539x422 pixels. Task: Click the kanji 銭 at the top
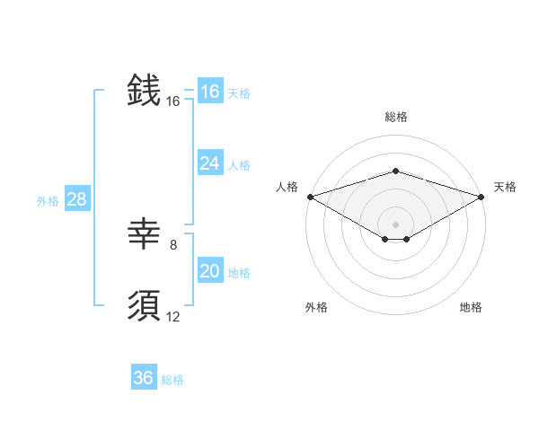(x=144, y=92)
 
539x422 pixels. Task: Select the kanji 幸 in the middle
(x=144, y=235)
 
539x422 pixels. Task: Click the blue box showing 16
(x=209, y=92)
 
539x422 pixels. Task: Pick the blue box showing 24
(x=209, y=163)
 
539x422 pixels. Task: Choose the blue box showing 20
(x=209, y=271)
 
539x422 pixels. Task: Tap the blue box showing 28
(x=76, y=199)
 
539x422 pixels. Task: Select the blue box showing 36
(x=144, y=378)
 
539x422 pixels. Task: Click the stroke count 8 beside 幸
(x=173, y=244)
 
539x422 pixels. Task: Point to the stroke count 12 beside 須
(x=173, y=316)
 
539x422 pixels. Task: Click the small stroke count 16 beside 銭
(x=173, y=101)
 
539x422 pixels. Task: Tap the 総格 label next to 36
(x=172, y=380)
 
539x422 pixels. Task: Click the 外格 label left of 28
(x=48, y=201)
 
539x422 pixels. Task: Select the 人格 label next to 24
(x=239, y=165)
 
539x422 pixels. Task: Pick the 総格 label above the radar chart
(x=395, y=117)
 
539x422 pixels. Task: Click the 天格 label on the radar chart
(x=505, y=187)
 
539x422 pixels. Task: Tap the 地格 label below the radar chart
(x=471, y=307)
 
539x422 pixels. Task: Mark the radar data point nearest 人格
(x=310, y=196)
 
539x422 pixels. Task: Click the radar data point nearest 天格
(x=482, y=196)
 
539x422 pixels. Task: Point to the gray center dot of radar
(x=395, y=224)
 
